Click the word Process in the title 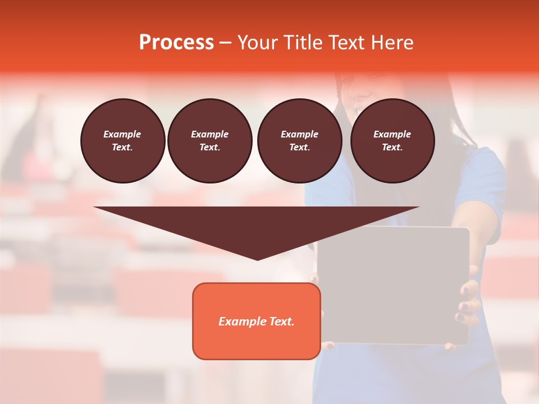click(x=176, y=43)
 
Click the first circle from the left click(x=122, y=141)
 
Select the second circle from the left click(x=209, y=141)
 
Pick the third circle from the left click(x=299, y=141)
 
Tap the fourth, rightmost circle click(x=392, y=141)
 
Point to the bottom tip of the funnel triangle click(x=257, y=259)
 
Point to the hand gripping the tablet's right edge click(x=469, y=297)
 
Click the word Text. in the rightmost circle click(x=392, y=148)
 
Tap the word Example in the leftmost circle click(x=122, y=134)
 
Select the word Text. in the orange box click(x=281, y=322)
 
